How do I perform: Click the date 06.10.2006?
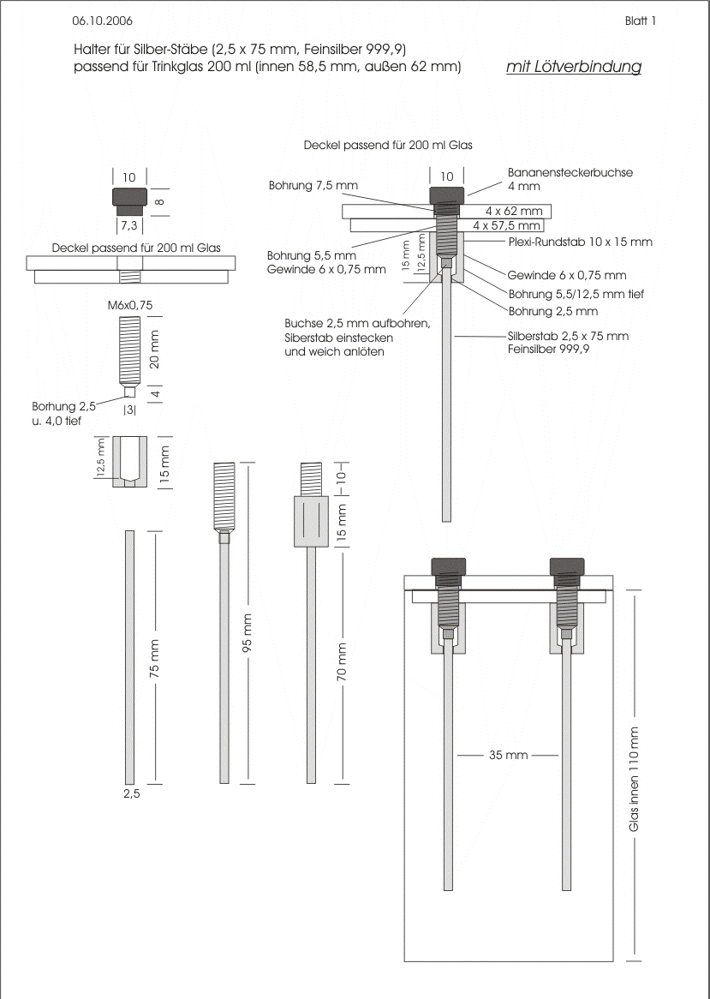click(103, 19)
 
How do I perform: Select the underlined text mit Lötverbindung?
click(574, 67)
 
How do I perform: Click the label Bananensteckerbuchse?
click(570, 172)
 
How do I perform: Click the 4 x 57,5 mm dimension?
click(507, 225)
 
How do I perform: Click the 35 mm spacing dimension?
click(508, 756)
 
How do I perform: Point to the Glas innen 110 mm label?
click(635, 779)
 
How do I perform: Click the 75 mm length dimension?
click(155, 658)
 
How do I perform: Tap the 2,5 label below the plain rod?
click(131, 794)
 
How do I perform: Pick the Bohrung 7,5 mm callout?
click(313, 185)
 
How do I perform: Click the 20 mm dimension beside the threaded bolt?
click(155, 350)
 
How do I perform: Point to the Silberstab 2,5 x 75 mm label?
click(568, 336)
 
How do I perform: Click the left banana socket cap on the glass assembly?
click(449, 565)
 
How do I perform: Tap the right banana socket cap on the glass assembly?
click(568, 565)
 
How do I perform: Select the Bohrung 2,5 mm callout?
click(553, 311)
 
